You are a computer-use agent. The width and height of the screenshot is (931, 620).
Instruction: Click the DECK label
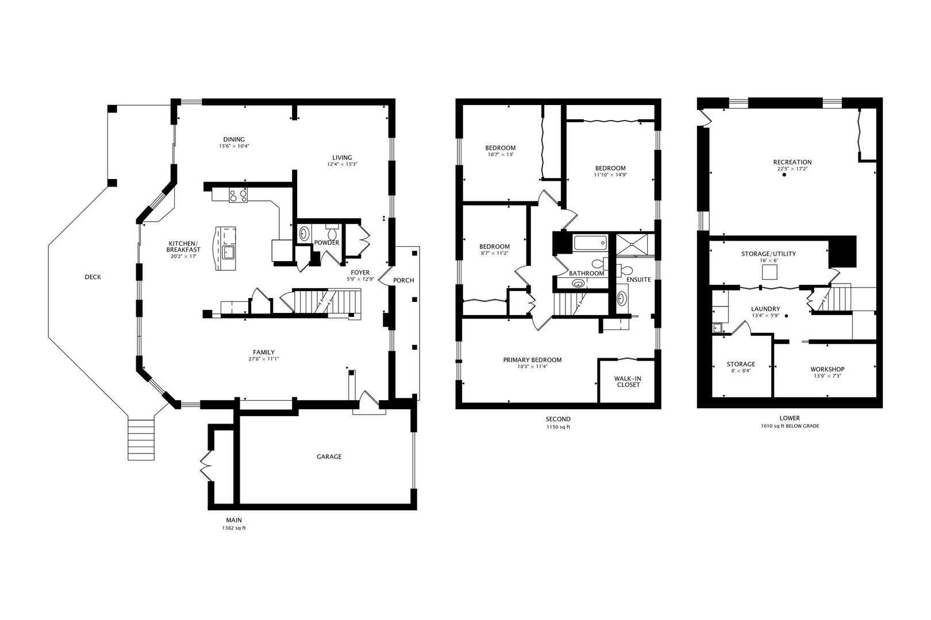coord(93,277)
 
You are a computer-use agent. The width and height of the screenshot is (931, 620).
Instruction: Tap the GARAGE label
coord(329,457)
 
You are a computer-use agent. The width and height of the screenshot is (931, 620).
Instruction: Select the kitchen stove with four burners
coord(238,195)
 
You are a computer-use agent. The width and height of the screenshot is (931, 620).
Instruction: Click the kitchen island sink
coord(228,252)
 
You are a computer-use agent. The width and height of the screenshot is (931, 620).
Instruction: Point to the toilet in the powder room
coord(333,232)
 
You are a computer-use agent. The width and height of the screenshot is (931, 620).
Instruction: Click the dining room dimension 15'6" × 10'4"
coord(234,146)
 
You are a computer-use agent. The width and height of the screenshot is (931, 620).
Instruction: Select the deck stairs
coord(141,440)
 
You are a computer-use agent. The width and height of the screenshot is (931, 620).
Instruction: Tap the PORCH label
coord(403,280)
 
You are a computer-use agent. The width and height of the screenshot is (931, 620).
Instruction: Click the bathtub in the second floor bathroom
coord(591,243)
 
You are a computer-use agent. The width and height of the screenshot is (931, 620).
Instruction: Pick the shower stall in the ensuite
coord(632,245)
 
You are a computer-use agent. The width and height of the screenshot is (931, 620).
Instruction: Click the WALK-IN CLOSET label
coord(628,382)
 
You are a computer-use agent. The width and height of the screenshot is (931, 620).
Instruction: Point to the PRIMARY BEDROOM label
coord(532,360)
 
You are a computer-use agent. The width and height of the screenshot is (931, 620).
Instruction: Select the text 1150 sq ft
coord(558,427)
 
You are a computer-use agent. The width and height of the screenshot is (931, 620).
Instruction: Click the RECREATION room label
coord(792,162)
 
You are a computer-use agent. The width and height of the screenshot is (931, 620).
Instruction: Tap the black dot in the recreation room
coord(784,175)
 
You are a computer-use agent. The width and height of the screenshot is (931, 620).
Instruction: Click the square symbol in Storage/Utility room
coord(770,272)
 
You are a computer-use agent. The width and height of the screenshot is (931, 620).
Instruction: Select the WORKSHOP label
coord(827,369)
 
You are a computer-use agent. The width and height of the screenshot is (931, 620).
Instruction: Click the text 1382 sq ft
coord(234,528)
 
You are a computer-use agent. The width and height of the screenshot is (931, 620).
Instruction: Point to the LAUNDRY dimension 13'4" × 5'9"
coord(765,316)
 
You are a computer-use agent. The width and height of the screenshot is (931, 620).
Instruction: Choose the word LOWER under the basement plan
coord(790,418)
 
